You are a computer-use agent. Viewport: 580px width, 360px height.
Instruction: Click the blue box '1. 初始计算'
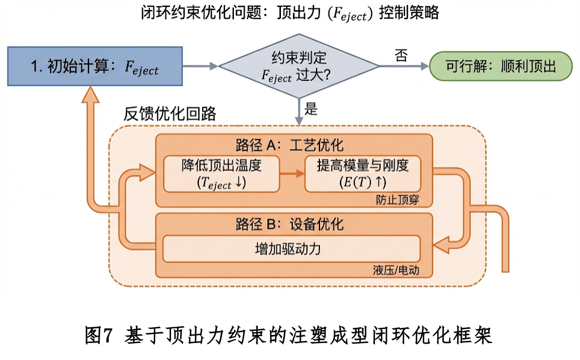click(94, 66)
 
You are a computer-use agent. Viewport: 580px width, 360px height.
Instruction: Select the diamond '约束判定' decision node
click(298, 66)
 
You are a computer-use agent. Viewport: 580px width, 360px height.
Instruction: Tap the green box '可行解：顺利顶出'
click(501, 66)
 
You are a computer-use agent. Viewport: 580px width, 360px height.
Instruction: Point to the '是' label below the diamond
click(311, 109)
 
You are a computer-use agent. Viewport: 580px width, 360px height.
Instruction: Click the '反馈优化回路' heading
click(169, 113)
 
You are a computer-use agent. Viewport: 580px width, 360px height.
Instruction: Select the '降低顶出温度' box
click(222, 174)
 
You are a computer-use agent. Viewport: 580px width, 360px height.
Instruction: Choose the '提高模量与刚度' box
click(362, 174)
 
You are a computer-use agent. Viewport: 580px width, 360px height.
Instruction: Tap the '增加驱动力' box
click(292, 248)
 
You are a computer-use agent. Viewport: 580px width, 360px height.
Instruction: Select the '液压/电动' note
click(396, 270)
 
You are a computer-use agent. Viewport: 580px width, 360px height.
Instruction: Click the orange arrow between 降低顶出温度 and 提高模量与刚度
click(292, 174)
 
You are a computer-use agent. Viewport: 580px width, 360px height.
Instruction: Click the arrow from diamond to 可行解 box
click(403, 66)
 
